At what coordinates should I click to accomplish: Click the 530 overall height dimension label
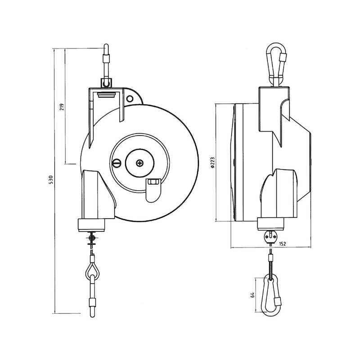pyautogui.click(x=51, y=180)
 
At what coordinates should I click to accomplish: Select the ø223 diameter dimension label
pyautogui.click(x=212, y=162)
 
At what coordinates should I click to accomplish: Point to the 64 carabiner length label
pyautogui.click(x=253, y=295)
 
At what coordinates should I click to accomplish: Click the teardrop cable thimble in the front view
pyautogui.click(x=93, y=271)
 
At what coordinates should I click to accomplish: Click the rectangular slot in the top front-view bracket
pyautogui.click(x=106, y=95)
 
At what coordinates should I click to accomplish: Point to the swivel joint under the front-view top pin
pyautogui.click(x=106, y=82)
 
